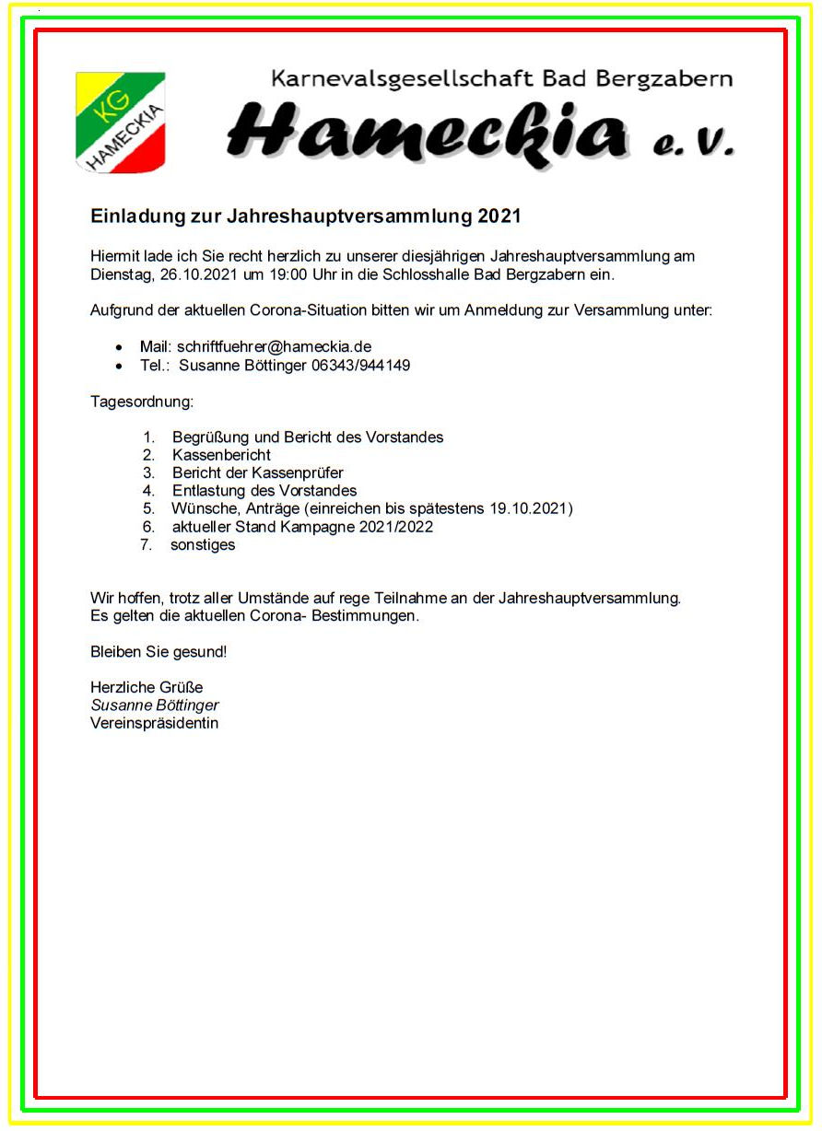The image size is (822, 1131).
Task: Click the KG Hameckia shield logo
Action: (120, 122)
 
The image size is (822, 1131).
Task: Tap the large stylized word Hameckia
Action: (429, 131)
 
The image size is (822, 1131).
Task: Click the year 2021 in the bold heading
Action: (499, 217)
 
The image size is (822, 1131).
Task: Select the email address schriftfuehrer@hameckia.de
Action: (274, 347)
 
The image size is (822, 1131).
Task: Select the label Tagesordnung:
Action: (142, 402)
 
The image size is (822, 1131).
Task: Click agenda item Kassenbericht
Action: (221, 455)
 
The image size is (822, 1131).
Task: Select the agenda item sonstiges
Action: (203, 544)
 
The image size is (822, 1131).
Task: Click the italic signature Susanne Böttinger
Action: (154, 705)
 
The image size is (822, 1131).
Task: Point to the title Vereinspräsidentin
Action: (154, 723)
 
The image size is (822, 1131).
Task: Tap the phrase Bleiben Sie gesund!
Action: (158, 652)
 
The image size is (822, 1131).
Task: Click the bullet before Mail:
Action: (119, 348)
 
